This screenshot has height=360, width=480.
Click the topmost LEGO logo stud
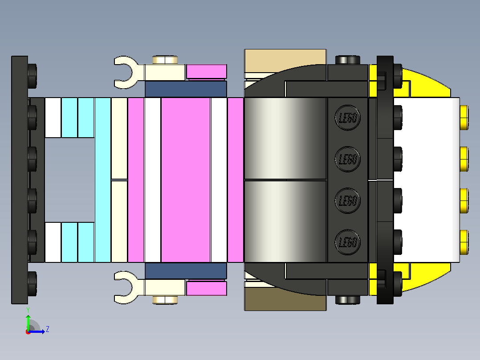(347, 118)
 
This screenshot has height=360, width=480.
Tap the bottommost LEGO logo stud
(347, 242)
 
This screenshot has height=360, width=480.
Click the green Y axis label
(28, 310)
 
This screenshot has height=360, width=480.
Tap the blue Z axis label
(48, 329)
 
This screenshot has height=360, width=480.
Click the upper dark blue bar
(186, 89)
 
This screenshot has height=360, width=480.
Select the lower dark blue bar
(186, 271)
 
